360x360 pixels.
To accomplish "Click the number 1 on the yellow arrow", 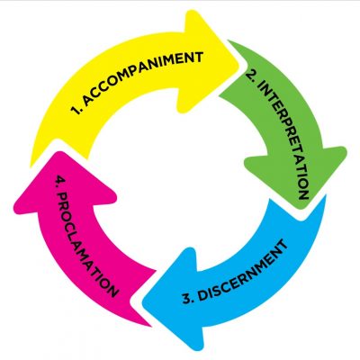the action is pos(76,110).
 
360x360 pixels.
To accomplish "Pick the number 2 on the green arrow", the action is pos(251,76).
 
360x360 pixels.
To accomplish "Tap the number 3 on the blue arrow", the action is pos(187,300).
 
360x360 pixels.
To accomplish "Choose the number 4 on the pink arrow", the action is pos(59,181).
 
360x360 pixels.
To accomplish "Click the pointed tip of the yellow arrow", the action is pos(238,64).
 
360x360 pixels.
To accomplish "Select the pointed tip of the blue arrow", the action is pos(143,301).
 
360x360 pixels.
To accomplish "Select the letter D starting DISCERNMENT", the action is pos(202,295).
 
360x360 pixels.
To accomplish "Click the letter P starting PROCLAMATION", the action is pos(62,197).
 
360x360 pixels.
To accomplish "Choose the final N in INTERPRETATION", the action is pos(303,194).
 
